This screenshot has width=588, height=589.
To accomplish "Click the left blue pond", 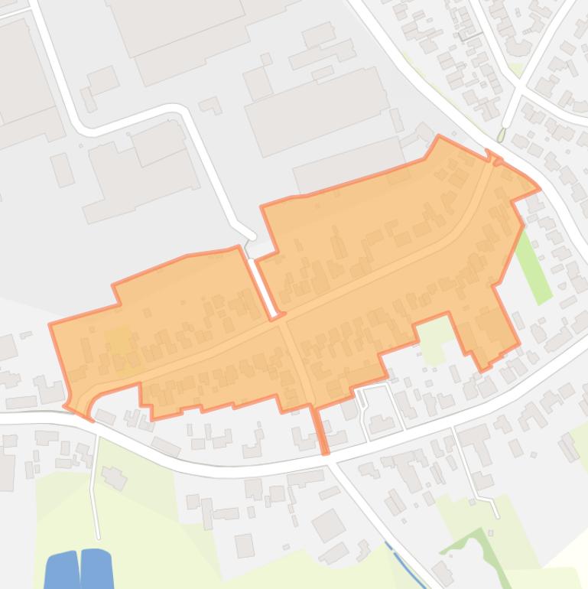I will click(62, 571).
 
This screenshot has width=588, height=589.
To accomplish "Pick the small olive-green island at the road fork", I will click(502, 135).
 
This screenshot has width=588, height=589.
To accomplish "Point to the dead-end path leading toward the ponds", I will click(94, 490).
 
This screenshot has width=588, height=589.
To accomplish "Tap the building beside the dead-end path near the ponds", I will click(115, 478).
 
